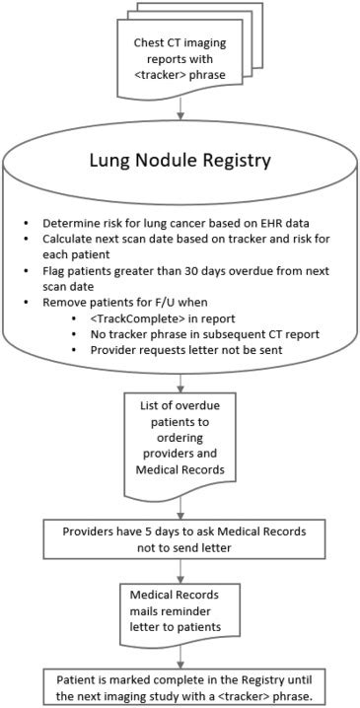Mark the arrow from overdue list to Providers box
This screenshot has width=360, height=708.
click(x=179, y=510)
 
